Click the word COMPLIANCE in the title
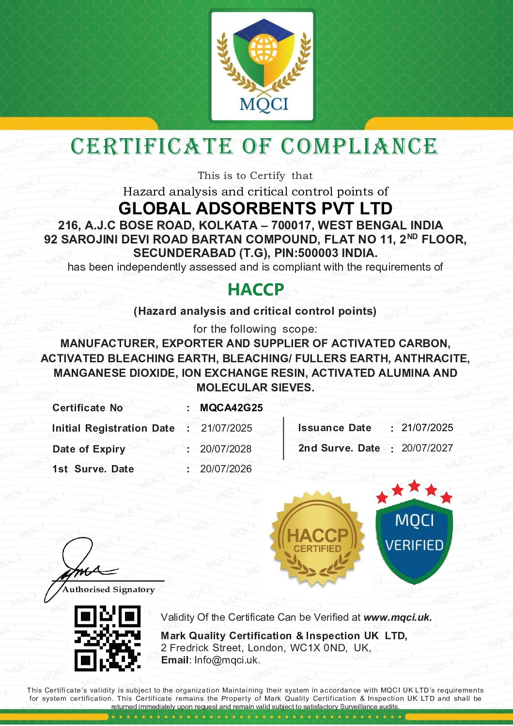click(x=359, y=146)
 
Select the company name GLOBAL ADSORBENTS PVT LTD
click(x=255, y=209)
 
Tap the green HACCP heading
click(x=256, y=290)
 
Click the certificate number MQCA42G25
click(x=232, y=408)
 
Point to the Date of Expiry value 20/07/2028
click(x=226, y=449)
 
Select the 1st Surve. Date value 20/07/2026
click(x=226, y=469)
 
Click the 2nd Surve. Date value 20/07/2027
click(x=427, y=448)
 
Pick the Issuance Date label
click(x=335, y=428)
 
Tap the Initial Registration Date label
click(x=113, y=428)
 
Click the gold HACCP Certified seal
click(x=317, y=538)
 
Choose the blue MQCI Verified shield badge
click(x=414, y=538)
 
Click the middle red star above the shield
click(x=414, y=485)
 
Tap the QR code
click(x=108, y=638)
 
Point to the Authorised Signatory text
click(x=109, y=590)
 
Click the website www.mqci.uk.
click(x=397, y=617)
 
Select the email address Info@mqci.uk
click(x=227, y=660)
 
